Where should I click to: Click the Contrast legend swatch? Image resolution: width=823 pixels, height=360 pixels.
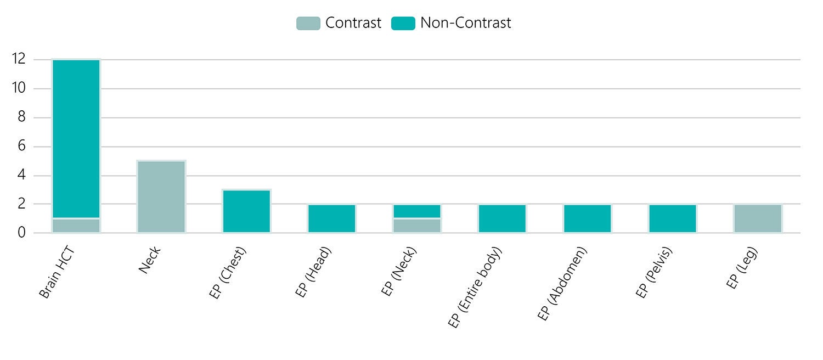pos(308,23)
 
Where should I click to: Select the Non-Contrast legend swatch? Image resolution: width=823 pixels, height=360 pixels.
pos(403,23)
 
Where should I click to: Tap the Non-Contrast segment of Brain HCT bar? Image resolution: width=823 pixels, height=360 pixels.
pos(76,139)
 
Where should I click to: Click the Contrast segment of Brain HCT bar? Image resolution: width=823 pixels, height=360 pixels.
pos(76,226)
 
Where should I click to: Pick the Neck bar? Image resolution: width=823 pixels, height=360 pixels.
pos(161,197)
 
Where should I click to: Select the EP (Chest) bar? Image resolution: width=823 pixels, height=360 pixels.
pos(246,211)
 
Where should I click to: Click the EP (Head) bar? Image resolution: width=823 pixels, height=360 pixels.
pos(332,218)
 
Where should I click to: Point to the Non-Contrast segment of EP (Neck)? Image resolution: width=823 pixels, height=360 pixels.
pos(417,211)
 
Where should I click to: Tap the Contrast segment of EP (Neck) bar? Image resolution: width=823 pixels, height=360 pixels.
pos(417,226)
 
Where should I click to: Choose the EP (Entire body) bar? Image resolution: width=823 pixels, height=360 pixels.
pos(502,218)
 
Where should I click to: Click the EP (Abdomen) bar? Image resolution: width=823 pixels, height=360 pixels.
pos(588,218)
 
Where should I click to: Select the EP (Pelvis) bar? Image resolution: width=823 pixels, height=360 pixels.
pos(673,218)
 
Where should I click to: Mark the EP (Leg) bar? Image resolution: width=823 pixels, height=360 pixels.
pos(758,218)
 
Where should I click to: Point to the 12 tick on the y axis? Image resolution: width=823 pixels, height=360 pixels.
pos(19,59)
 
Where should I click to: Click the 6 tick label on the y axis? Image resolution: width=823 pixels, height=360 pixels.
pos(22,146)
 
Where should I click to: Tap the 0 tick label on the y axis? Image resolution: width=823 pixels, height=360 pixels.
pos(22,233)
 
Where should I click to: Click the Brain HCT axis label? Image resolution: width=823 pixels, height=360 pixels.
pos(57,272)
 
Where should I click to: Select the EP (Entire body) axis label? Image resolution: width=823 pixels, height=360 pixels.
pos(475,287)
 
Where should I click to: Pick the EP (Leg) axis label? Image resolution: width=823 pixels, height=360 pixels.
pos(742,267)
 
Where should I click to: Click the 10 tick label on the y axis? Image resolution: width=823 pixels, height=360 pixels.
pos(19,88)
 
